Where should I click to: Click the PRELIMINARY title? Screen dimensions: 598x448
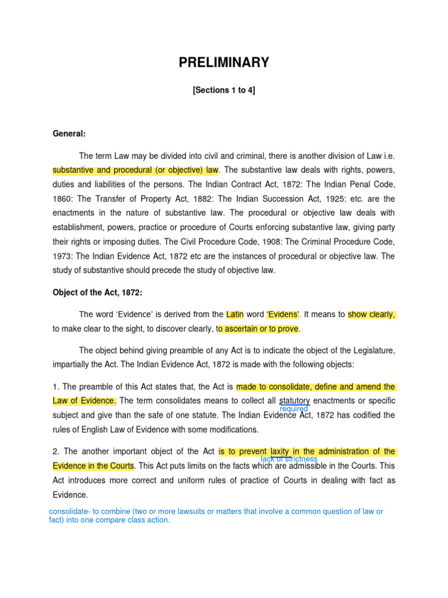point(224,63)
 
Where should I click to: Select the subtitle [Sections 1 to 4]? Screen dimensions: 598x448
point(224,91)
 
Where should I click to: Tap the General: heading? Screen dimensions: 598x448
point(69,134)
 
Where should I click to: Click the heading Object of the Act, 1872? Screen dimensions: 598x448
point(97,293)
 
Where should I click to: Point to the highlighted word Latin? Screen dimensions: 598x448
point(235,314)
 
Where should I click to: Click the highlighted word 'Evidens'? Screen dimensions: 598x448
point(283,314)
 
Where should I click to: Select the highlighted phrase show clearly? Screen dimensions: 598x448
point(372,314)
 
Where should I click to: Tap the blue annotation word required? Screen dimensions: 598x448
point(293,409)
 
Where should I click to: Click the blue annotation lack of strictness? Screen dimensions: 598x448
point(289,459)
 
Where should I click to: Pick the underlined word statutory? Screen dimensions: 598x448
point(295,401)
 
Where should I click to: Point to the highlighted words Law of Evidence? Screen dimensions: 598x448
point(84,401)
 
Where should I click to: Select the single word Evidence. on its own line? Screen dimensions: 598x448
point(70,495)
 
